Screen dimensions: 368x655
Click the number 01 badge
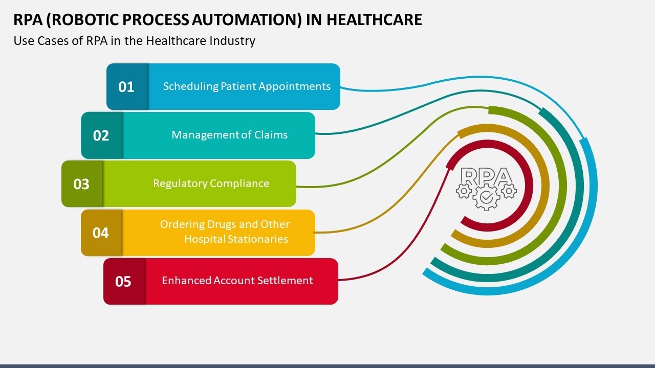[x=126, y=87]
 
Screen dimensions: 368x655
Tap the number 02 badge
[x=101, y=135]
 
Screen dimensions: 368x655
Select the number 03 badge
[x=82, y=184]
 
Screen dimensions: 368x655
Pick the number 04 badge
[x=101, y=233]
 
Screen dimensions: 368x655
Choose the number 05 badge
[x=123, y=282]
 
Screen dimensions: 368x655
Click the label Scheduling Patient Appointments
[x=247, y=86]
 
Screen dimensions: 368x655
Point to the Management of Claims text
[x=229, y=135]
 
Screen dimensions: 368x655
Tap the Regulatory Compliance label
[x=211, y=183]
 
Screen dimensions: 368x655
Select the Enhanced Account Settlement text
[x=237, y=281]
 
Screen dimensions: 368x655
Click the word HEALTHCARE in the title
[x=374, y=19]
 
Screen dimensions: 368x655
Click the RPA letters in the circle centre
[x=486, y=176]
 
